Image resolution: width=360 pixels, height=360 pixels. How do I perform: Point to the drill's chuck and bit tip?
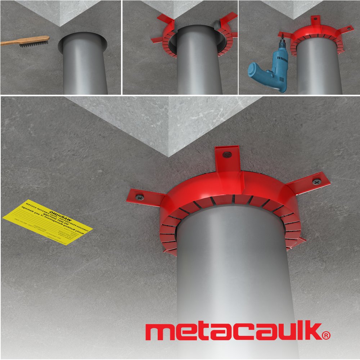[x=283, y=36]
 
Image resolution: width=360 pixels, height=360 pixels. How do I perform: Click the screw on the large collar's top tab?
[x=227, y=154]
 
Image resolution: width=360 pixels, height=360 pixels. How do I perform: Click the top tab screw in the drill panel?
[x=315, y=18]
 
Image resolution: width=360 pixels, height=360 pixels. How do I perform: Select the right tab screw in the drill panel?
[x=348, y=27]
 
